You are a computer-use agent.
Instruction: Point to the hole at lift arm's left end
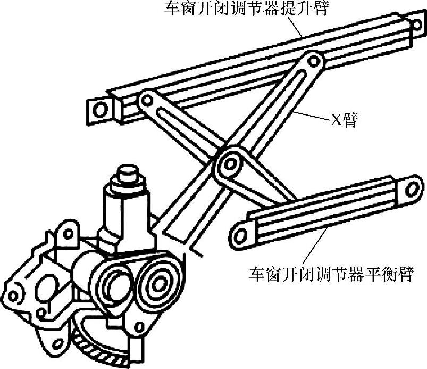pos(99,110)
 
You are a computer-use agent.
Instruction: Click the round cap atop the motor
pos(128,174)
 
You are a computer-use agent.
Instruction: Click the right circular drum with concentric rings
pos(157,280)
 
